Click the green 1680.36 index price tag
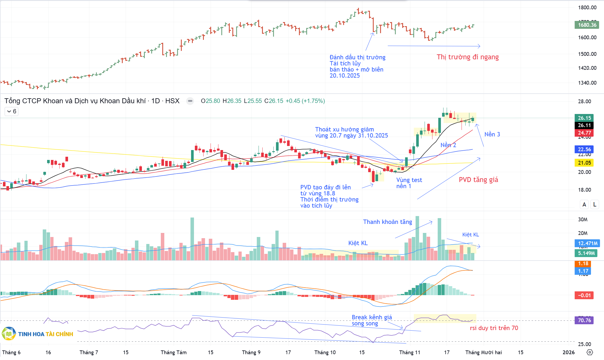click(587, 25)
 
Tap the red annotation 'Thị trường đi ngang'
click(468, 57)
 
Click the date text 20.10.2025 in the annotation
click(345, 76)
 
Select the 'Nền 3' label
click(492, 134)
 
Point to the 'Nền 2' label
click(448, 145)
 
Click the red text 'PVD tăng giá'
click(478, 180)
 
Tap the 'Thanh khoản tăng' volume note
click(387, 222)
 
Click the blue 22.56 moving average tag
click(584, 149)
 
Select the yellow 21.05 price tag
click(584, 163)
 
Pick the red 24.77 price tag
click(584, 133)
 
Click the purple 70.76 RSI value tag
click(584, 320)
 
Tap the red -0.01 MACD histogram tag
click(584, 295)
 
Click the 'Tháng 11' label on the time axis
click(409, 352)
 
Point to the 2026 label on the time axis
click(569, 352)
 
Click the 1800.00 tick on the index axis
click(587, 8)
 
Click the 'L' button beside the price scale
click(595, 204)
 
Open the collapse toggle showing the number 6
click(12, 111)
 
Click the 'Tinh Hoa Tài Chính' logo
click(38, 334)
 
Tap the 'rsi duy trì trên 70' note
click(494, 328)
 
